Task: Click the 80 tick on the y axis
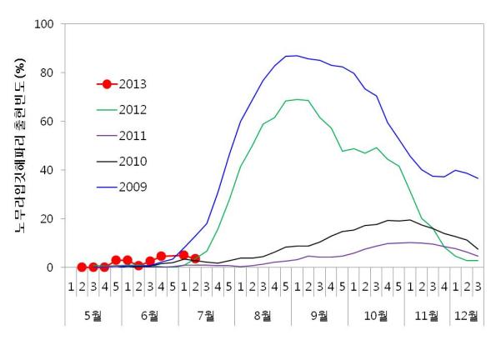(48, 72)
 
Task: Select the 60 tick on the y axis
(48, 122)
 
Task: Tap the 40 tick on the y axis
(48, 170)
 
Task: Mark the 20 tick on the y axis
(48, 219)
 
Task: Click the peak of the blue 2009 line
(291, 56)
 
